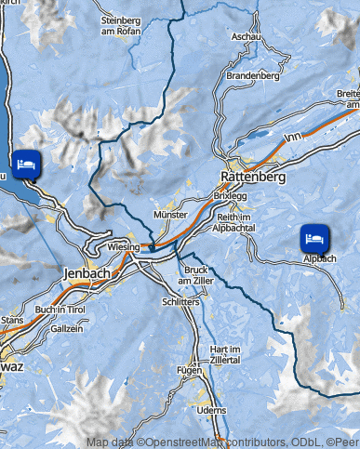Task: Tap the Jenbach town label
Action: [x=88, y=273]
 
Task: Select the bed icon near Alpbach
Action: [x=314, y=239]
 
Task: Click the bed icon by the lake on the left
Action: [x=25, y=164]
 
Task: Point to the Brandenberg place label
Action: [x=252, y=75]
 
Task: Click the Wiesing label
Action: [x=123, y=247]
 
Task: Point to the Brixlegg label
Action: [x=231, y=198]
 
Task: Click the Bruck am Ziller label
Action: [x=196, y=275]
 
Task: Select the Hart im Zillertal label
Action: [x=220, y=354]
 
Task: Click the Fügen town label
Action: [x=190, y=370]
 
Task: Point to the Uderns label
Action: [x=213, y=410]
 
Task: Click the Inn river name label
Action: [x=295, y=137]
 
